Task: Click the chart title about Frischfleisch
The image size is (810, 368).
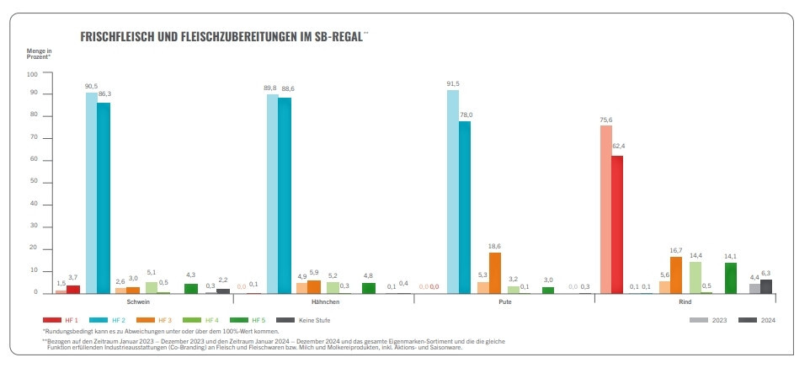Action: pos(222,37)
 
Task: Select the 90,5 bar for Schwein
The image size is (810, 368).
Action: pos(91,193)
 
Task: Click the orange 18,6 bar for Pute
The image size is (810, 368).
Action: pos(495,273)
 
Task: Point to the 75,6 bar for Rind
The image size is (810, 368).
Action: pos(605,210)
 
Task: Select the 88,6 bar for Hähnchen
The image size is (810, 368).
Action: pos(285,195)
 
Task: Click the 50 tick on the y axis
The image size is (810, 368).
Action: pos(35,183)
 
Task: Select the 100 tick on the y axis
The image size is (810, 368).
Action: pos(34,73)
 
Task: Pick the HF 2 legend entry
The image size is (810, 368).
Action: pos(114,320)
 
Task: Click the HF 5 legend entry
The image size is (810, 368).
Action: pos(253,320)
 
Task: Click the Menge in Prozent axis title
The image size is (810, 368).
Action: pos(39,54)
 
